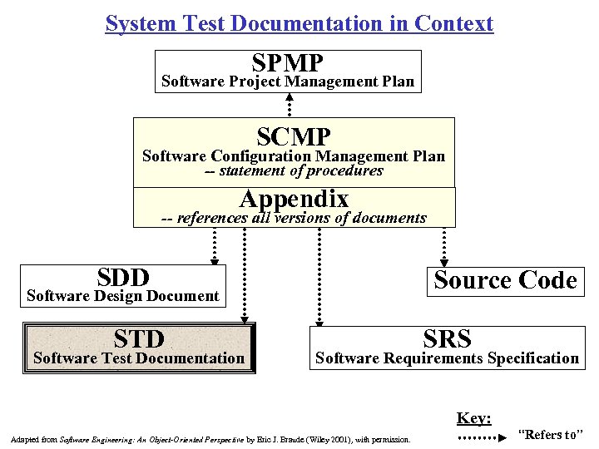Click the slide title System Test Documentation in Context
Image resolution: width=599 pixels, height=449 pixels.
coord(299,23)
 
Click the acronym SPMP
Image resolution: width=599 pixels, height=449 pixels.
coord(287,62)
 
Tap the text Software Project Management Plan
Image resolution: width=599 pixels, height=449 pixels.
coord(287,81)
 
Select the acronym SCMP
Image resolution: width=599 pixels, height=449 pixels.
coord(294,136)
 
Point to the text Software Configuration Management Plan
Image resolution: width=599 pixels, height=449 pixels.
coord(294,155)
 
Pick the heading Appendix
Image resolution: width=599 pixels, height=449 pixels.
coord(294,200)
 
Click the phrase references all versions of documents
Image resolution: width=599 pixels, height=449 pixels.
coord(301,218)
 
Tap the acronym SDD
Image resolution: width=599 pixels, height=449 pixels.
coord(122,277)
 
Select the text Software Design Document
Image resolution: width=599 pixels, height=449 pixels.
coord(123,295)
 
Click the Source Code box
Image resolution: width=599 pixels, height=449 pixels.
coord(505,280)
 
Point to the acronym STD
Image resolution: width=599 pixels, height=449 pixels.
coord(139,338)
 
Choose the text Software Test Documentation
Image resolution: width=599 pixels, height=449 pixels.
coord(138,358)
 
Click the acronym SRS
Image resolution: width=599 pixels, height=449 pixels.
coord(447,338)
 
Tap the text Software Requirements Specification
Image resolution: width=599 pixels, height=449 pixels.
coord(447,358)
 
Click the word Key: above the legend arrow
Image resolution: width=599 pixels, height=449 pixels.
coord(473,418)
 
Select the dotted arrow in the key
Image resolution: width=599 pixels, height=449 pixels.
coord(481,436)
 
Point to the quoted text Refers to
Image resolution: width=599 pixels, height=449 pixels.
coord(551,434)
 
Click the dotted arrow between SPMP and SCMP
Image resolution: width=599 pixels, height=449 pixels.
coord(289,104)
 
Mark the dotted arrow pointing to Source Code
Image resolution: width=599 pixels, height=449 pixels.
coord(443,245)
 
